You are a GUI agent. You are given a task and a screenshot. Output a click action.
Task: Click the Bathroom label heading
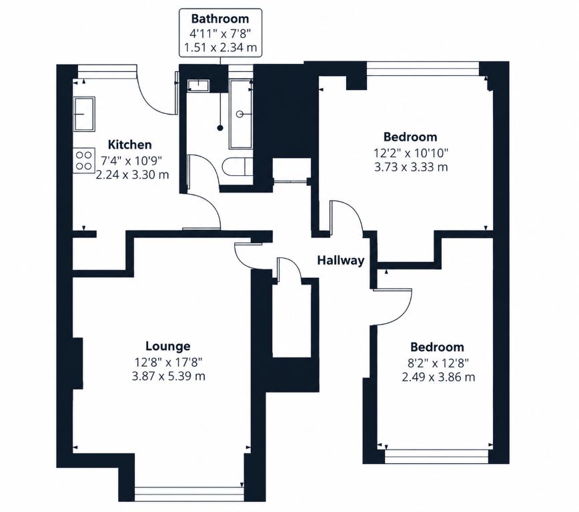tap(220, 19)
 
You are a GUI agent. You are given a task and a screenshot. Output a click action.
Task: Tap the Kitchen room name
tap(129, 145)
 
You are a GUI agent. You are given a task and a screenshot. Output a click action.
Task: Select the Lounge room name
tap(168, 346)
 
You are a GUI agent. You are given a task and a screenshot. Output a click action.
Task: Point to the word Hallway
tap(341, 261)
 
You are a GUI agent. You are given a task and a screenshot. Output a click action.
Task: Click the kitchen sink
tap(84, 114)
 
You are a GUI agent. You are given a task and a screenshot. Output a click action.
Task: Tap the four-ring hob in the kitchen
tap(84, 161)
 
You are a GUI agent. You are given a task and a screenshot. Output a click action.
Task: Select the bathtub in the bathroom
tap(241, 114)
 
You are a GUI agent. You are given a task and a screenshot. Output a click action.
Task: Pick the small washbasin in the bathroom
tap(198, 85)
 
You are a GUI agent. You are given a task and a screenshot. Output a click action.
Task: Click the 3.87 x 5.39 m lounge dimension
tap(168, 377)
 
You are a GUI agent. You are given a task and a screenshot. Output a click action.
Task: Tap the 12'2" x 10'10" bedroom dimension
tap(411, 152)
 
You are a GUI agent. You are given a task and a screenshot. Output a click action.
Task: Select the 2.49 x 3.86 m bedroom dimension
tap(438, 377)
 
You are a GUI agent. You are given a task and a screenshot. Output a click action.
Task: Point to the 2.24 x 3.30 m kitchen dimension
tap(132, 175)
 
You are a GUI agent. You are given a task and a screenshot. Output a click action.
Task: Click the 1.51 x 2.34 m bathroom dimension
tap(220, 48)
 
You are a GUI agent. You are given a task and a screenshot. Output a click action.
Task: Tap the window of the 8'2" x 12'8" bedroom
tap(437, 456)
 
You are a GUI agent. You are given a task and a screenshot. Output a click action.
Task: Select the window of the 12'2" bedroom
tap(423, 69)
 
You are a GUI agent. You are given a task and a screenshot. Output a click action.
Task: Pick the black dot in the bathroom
tap(220, 128)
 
